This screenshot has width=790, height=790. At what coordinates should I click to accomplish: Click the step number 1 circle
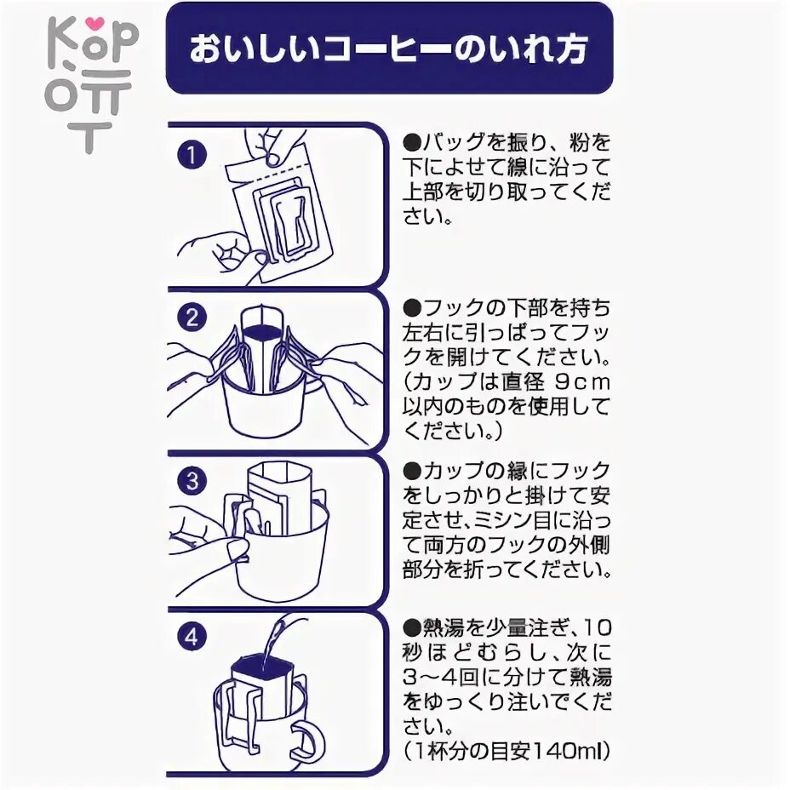point(193,156)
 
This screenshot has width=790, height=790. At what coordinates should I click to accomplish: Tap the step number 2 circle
point(193,318)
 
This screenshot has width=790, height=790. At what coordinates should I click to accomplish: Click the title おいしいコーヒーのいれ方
point(389,49)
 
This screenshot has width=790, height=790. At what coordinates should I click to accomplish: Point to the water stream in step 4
point(274,643)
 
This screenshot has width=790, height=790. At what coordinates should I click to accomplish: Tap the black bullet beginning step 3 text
point(412,471)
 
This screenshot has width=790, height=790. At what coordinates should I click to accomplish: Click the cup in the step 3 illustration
point(281,553)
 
